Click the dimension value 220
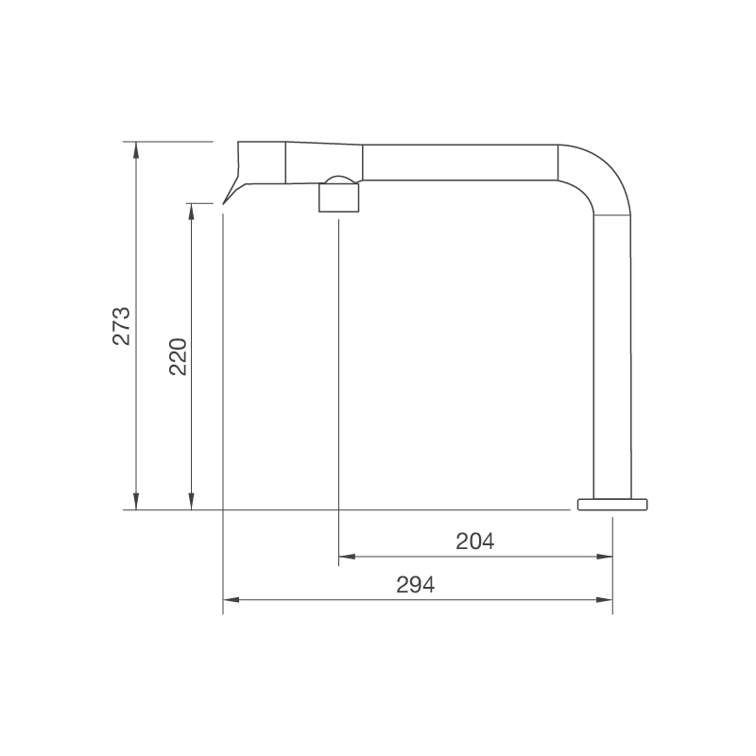point(179,356)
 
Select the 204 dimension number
point(475,541)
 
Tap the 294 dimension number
point(415,584)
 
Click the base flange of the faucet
point(613,503)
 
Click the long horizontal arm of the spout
point(459,162)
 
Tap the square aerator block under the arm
point(338,198)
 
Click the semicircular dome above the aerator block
point(338,180)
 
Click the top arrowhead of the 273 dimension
point(137,148)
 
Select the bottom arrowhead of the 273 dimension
point(137,503)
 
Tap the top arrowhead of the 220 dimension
point(192,210)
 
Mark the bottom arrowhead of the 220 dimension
point(192,503)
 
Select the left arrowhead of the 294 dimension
point(230,599)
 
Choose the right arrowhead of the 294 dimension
point(606,599)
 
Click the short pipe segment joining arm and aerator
point(323,162)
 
